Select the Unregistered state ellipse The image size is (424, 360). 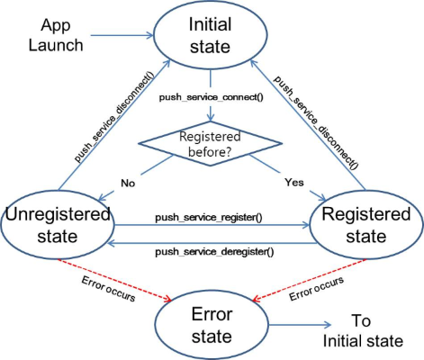59,228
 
